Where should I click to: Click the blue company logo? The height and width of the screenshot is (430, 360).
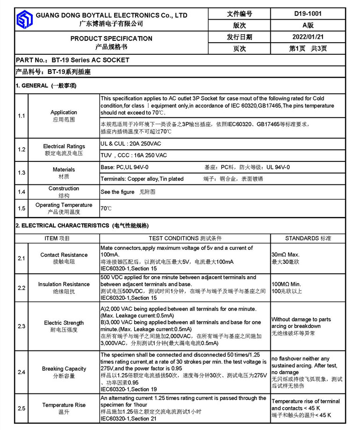click(24, 20)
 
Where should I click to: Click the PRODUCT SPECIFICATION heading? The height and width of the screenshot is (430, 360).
click(111, 38)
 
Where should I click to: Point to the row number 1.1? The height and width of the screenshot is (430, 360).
click(22, 116)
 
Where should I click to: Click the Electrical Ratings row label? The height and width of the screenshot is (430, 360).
click(64, 146)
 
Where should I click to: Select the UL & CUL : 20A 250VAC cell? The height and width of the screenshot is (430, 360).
click(131, 144)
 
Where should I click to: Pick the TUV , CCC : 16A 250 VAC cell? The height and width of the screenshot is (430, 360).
click(134, 155)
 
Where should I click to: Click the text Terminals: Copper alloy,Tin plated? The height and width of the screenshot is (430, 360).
click(142, 179)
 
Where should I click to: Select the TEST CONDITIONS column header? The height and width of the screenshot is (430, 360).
click(185, 238)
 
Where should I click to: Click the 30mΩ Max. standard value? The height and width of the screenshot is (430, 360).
click(285, 255)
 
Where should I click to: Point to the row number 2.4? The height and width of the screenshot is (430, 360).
click(22, 372)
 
